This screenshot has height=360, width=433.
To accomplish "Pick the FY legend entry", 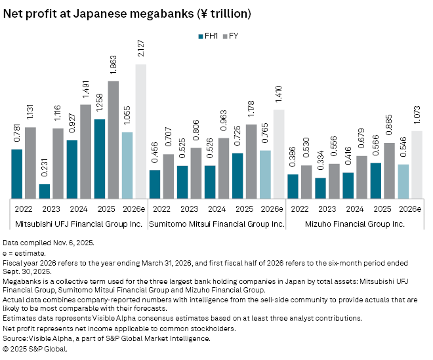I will [x=229, y=36].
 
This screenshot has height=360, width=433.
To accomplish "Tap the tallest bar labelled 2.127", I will [x=141, y=130].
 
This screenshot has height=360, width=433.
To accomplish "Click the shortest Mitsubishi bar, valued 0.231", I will [x=45, y=190].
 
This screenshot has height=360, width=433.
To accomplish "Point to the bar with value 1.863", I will [x=113, y=138].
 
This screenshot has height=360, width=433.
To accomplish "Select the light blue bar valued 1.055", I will [x=127, y=164].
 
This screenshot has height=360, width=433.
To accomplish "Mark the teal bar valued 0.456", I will [x=155, y=183].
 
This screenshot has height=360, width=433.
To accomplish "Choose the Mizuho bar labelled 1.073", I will [x=417, y=163].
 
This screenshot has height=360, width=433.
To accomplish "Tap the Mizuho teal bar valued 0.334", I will [x=320, y=187].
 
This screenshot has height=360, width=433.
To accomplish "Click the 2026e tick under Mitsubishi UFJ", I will [x=134, y=209].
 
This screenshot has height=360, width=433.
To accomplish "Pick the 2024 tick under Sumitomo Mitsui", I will [x=217, y=209].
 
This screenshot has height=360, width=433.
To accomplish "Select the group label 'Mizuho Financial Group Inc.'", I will [x=355, y=224].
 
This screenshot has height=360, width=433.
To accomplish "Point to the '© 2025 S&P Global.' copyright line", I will [x=35, y=349].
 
